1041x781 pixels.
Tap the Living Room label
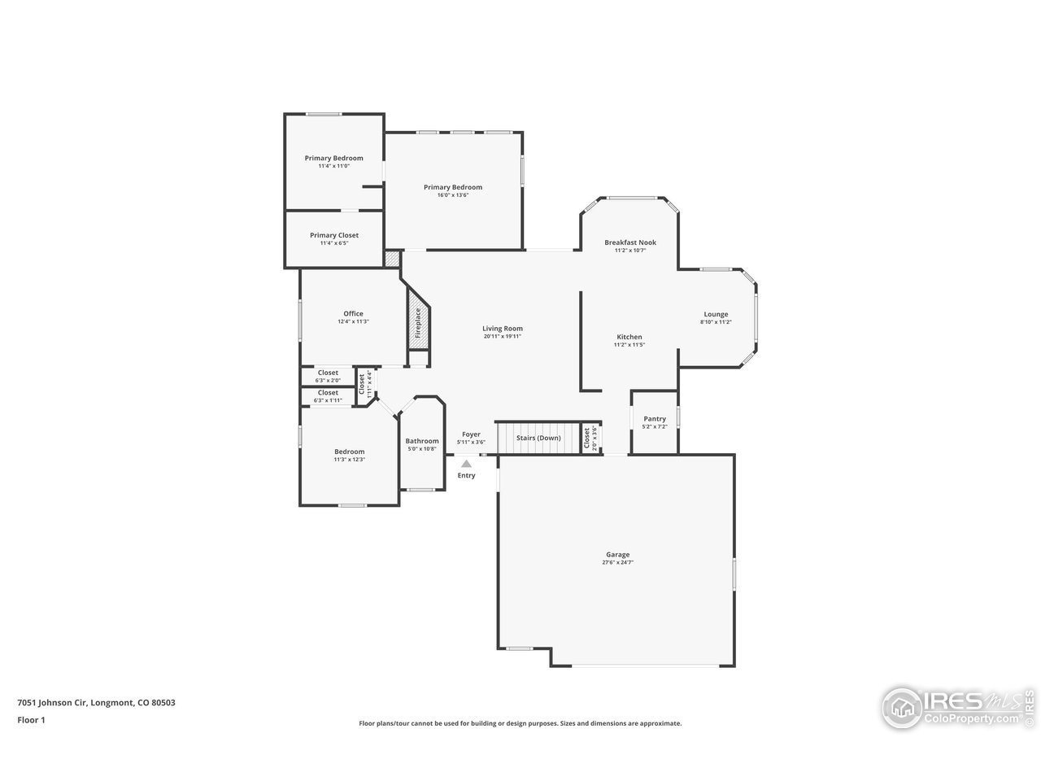pos(502,329)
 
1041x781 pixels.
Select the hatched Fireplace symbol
pos(418,322)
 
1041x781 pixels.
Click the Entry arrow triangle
pos(466,464)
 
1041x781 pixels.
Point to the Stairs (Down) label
pos(538,438)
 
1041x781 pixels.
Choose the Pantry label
pos(655,419)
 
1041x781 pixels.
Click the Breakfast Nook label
pos(629,242)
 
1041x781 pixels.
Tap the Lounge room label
pos(716,314)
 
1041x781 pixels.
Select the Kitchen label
pos(629,337)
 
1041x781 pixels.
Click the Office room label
pos(353,314)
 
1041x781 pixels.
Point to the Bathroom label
pos(422,441)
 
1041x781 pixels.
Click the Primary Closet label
pos(333,235)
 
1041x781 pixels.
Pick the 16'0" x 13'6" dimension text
pos(453,195)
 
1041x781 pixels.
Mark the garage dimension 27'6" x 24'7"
pos(617,562)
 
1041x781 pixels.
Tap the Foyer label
pos(471,434)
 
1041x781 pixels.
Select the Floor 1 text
pos(31,719)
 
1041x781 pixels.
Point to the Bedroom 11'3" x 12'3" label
pos(349,456)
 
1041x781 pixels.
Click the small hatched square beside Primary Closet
pos(393,259)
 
